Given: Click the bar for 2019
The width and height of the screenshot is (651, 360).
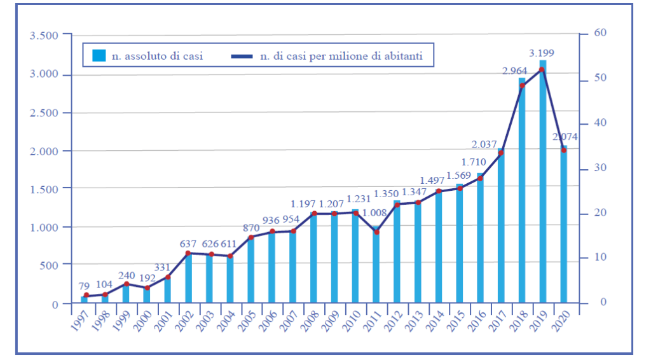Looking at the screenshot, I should (x=542, y=184).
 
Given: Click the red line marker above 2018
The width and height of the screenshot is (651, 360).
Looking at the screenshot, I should (x=522, y=85).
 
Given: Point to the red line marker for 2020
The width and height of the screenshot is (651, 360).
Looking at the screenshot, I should (x=563, y=150).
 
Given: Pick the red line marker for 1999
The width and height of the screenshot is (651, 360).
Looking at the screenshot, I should (x=126, y=284).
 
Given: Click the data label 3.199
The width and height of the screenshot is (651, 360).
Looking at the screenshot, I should (x=542, y=52).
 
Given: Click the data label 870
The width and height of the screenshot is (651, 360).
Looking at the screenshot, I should (x=250, y=227).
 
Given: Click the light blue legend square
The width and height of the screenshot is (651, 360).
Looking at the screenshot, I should (x=99, y=55).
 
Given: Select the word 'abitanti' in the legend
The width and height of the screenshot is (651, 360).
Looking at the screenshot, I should (x=413, y=56).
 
